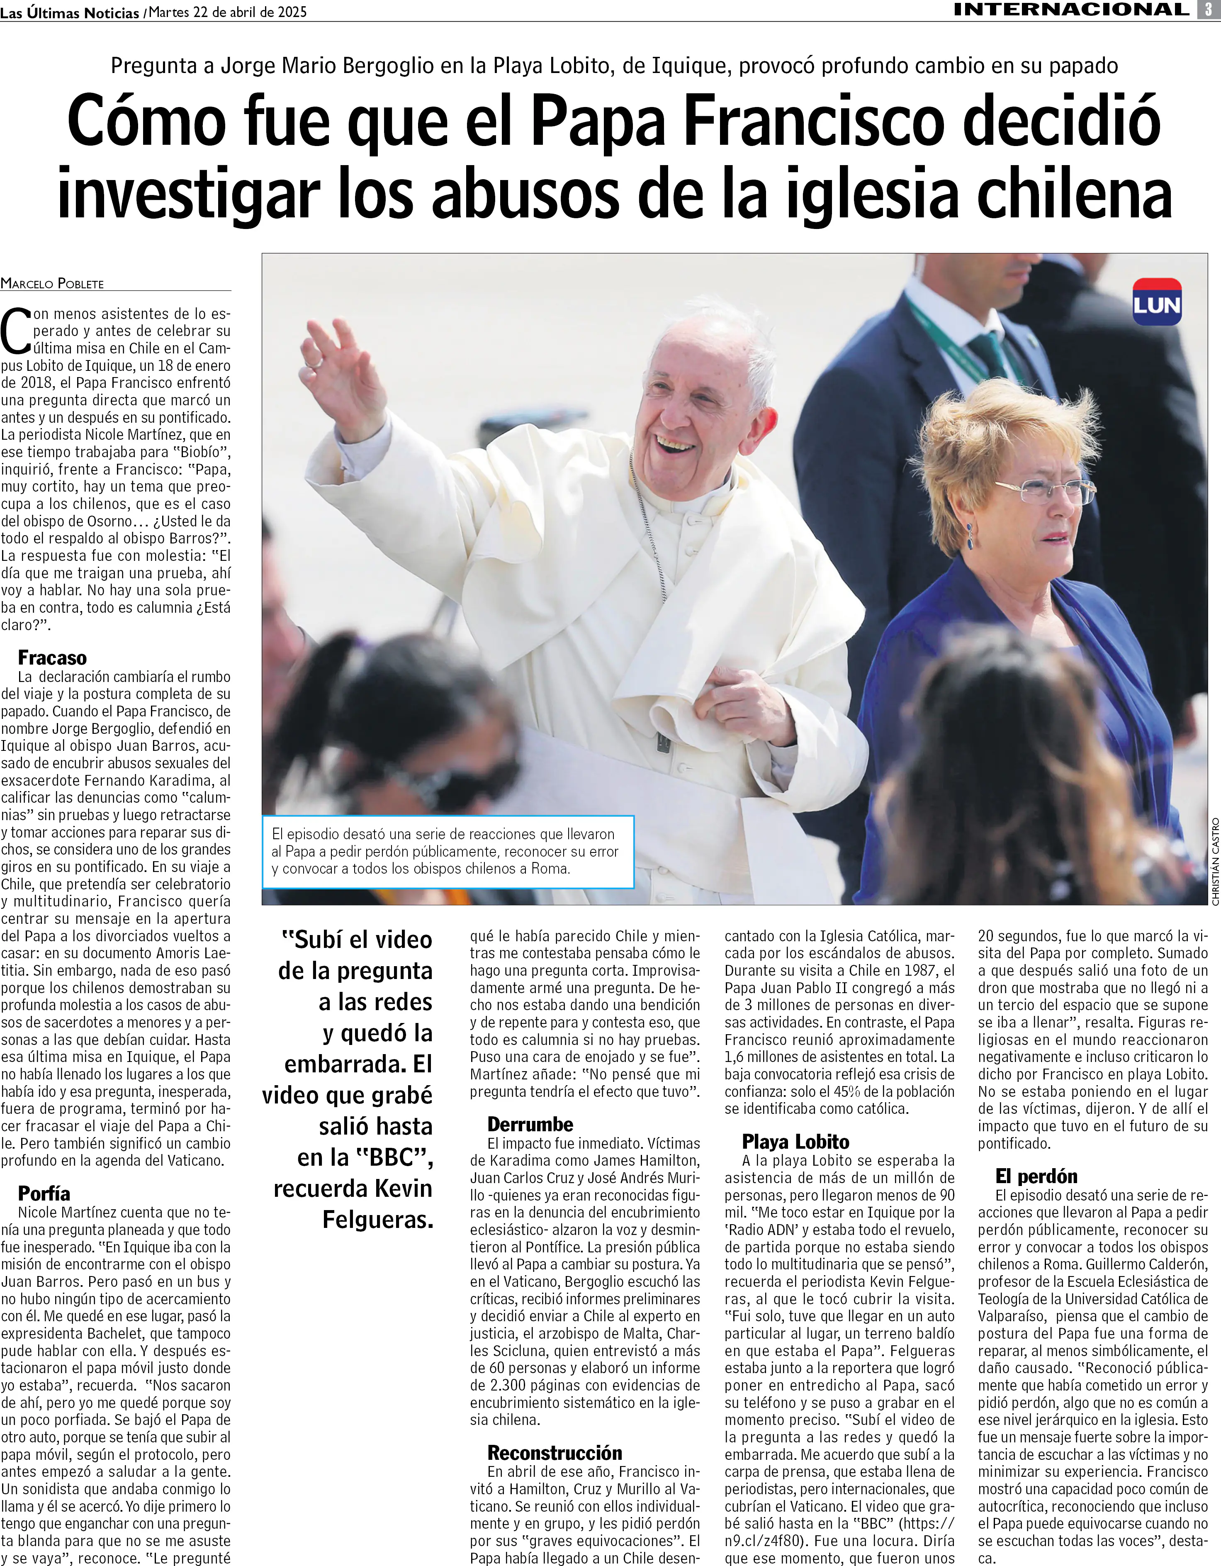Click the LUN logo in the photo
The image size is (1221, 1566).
(1156, 302)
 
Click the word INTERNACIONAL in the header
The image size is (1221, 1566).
(1072, 9)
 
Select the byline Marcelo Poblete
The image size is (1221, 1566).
(52, 283)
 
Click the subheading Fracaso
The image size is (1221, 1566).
(52, 658)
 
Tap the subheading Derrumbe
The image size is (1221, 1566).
(530, 1124)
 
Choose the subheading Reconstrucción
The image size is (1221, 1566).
(554, 1453)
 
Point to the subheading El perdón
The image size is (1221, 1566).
(1036, 1176)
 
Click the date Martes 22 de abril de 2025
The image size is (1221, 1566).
(228, 12)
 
